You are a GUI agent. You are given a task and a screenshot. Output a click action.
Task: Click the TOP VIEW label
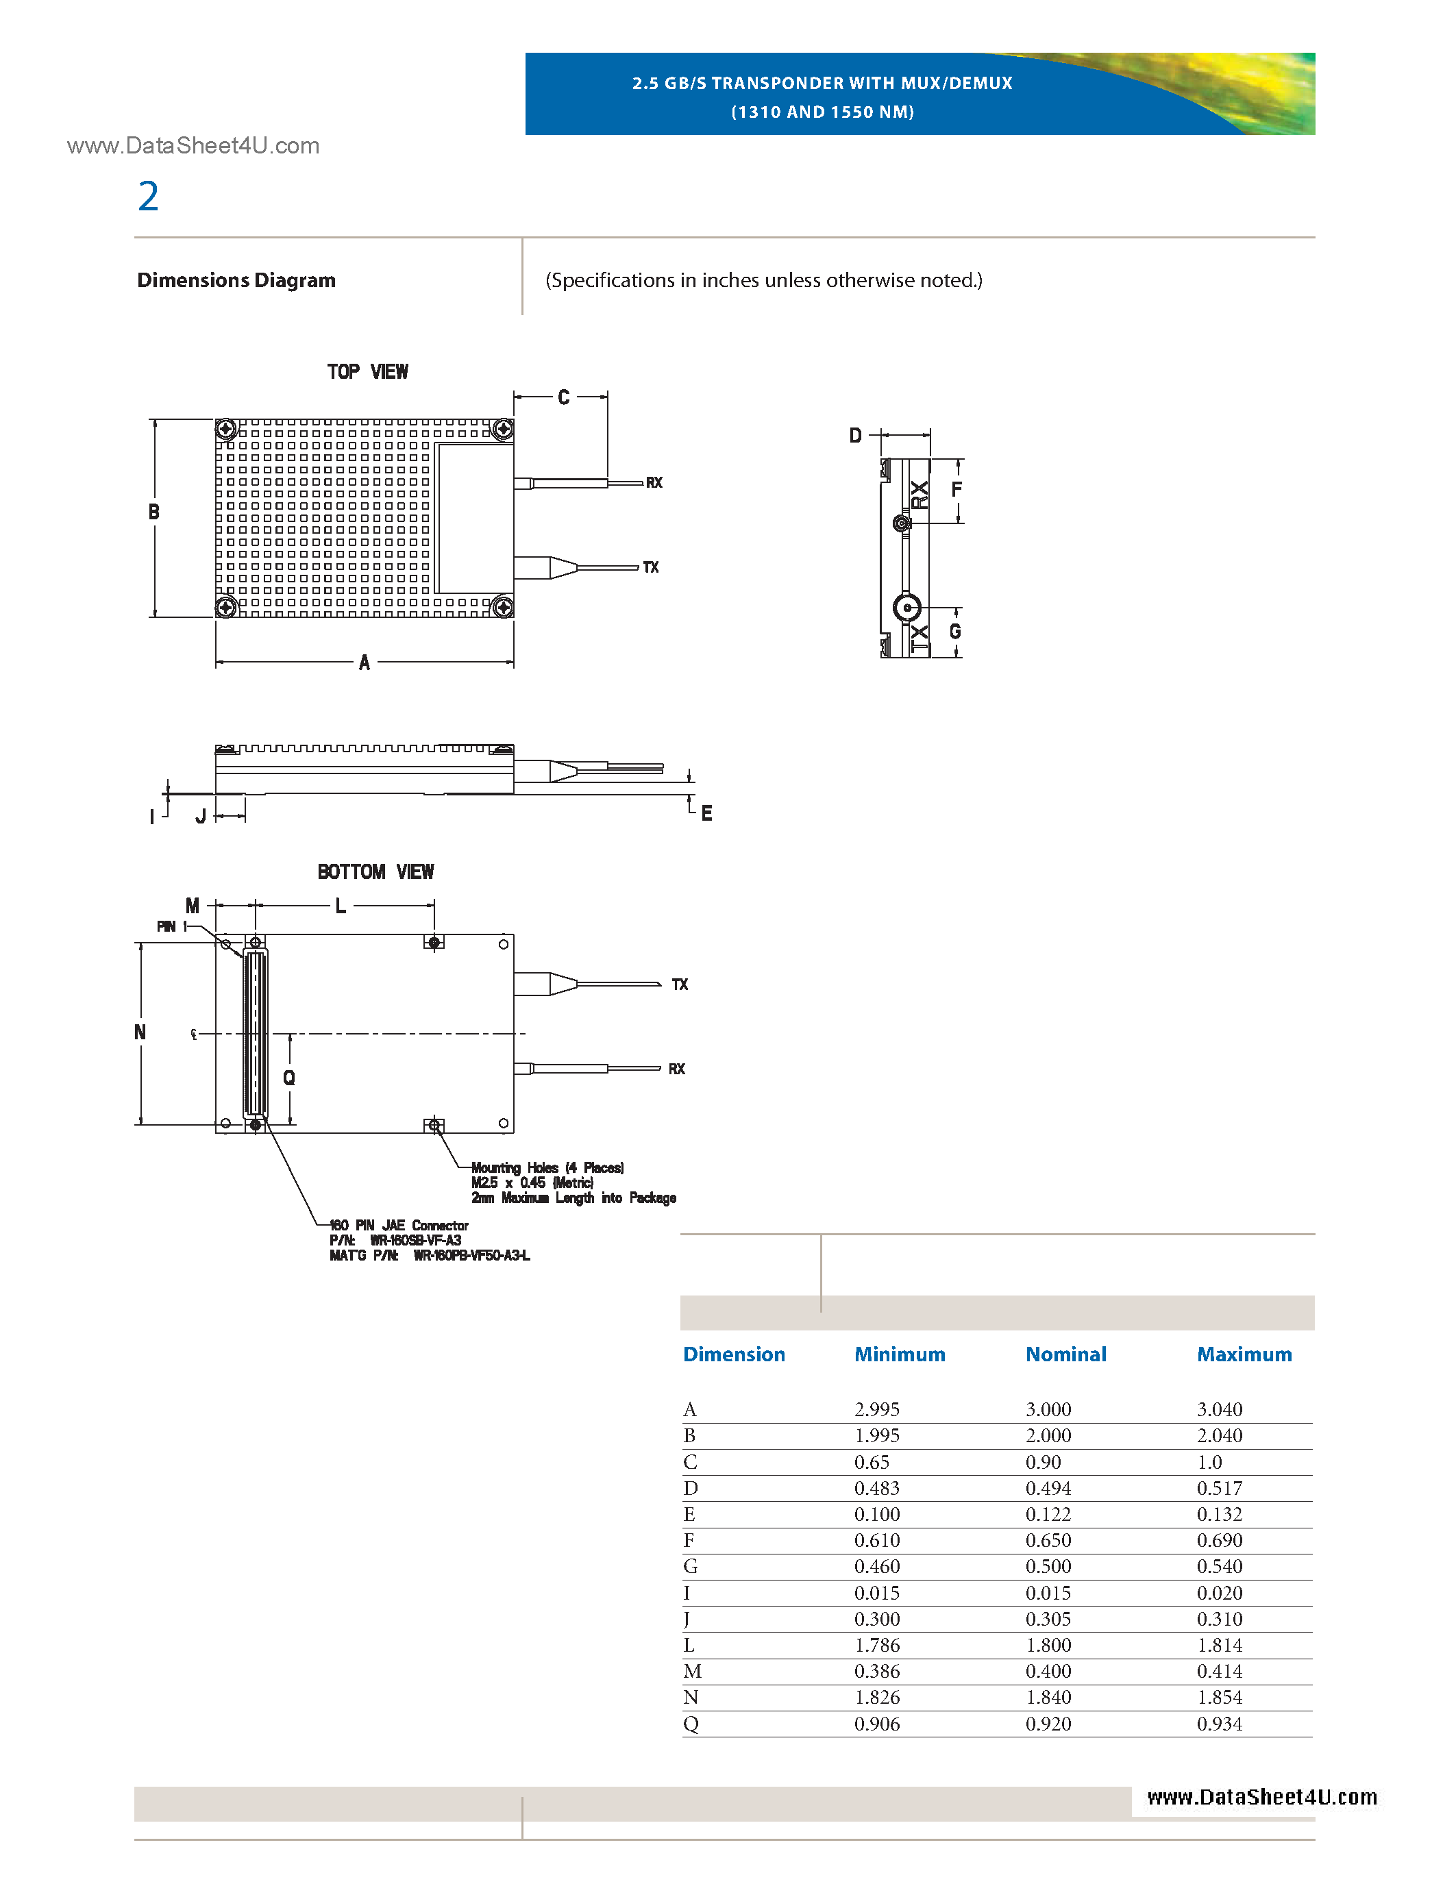click(x=367, y=372)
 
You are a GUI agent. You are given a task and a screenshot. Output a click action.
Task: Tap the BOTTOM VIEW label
click(x=375, y=872)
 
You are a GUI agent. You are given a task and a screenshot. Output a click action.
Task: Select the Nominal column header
click(x=1065, y=1354)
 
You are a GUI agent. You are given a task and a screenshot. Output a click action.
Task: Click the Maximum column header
click(x=1244, y=1354)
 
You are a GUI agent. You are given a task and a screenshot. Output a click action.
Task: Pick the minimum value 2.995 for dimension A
click(x=876, y=1409)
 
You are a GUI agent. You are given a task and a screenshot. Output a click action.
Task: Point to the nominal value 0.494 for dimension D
click(x=1048, y=1488)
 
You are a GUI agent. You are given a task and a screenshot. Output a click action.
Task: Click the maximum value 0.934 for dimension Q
click(x=1219, y=1724)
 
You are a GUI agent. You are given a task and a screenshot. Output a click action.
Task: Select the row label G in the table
click(x=690, y=1567)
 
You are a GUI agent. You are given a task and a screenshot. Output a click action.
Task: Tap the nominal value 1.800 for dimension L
click(x=1048, y=1645)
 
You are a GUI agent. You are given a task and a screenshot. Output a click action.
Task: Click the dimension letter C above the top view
click(x=563, y=397)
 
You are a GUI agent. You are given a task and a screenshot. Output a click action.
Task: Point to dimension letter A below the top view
click(x=364, y=662)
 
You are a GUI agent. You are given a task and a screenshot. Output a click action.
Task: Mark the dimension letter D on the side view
click(x=855, y=436)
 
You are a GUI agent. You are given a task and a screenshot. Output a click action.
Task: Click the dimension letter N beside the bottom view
click(x=140, y=1032)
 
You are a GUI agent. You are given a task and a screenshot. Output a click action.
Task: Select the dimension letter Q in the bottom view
click(x=289, y=1078)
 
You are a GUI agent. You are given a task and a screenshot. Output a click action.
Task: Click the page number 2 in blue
click(x=149, y=197)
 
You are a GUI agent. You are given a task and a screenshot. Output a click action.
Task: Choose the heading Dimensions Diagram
click(x=236, y=280)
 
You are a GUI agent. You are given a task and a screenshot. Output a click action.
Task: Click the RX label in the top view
click(x=654, y=483)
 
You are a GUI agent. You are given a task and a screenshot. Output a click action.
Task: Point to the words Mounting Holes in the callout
click(x=514, y=1168)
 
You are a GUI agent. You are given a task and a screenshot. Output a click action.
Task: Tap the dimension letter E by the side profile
click(x=706, y=813)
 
